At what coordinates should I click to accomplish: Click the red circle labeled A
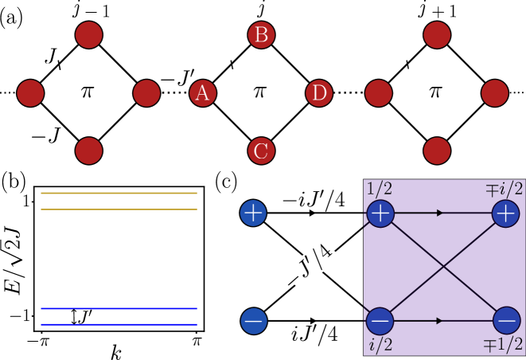click(203, 93)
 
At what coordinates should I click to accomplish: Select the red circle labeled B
click(261, 35)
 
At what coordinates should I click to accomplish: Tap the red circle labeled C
click(261, 151)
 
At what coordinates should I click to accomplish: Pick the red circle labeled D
click(319, 93)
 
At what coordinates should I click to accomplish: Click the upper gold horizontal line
click(119, 193)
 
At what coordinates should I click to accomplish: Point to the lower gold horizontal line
click(119, 209)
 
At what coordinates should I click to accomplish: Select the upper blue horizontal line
click(119, 308)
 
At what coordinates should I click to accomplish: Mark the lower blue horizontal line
click(119, 324)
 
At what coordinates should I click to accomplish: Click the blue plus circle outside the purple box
click(253, 213)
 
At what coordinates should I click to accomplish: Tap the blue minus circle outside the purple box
click(253, 321)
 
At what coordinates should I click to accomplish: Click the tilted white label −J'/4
click(311, 264)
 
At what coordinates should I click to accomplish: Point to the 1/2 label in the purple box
click(380, 189)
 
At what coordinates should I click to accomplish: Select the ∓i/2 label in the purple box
click(505, 189)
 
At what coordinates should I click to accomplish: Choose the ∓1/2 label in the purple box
click(505, 345)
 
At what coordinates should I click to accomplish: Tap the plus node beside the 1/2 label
click(380, 213)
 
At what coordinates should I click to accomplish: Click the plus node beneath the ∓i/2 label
click(505, 213)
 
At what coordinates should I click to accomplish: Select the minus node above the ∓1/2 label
click(506, 320)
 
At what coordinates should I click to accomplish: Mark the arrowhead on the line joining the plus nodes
click(440, 213)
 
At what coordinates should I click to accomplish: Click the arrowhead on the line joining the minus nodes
click(440, 320)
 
